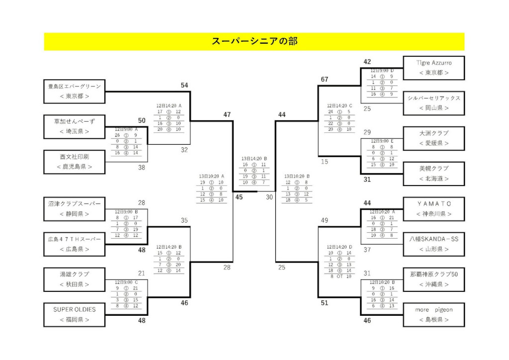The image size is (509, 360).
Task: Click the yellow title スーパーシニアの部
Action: [254, 41]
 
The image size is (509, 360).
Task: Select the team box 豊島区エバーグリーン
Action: [75, 91]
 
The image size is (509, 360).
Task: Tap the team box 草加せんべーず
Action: [75, 126]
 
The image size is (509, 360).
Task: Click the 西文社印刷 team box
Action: [75, 162]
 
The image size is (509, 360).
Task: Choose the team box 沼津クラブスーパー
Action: [75, 209]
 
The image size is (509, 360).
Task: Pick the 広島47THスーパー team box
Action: [75, 244]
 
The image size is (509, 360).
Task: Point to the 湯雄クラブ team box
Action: [75, 279]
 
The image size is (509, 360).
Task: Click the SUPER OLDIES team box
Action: [75, 314]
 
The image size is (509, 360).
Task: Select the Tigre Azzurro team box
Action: [433, 68]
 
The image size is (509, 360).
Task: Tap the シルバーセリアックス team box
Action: [433, 103]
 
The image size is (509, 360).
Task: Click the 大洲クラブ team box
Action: [433, 138]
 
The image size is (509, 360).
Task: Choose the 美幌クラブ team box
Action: [433, 174]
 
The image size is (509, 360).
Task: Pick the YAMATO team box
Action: [433, 209]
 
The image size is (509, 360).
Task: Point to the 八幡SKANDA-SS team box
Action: [433, 244]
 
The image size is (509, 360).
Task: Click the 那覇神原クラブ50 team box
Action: [433, 279]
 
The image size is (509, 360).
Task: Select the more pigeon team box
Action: [433, 314]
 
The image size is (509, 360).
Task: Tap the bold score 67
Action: [325, 80]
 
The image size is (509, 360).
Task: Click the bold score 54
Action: [184, 86]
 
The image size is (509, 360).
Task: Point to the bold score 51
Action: [325, 303]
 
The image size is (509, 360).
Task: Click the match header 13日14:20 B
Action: [254, 159]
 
